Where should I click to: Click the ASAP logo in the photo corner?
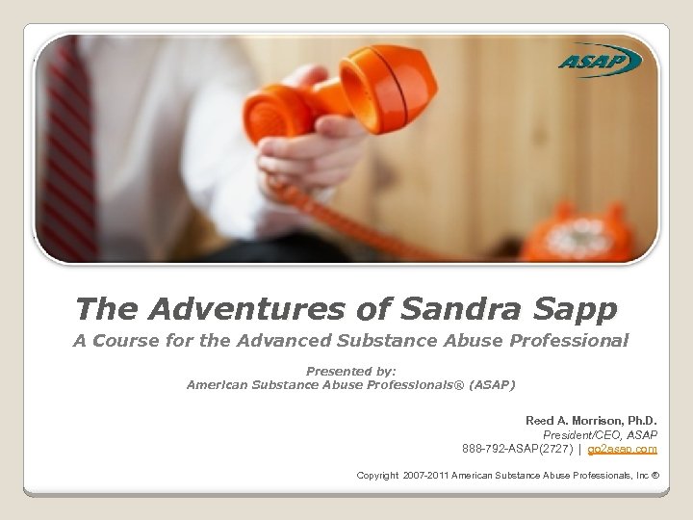click(599, 63)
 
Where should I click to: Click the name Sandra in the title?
click(449, 309)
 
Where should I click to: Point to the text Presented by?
click(350, 371)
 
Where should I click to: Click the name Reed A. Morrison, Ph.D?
click(591, 421)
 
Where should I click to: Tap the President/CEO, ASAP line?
click(600, 435)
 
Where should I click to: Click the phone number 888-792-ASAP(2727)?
click(517, 449)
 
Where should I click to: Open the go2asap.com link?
click(622, 449)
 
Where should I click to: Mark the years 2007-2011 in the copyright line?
click(424, 476)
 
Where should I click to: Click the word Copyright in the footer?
click(377, 476)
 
